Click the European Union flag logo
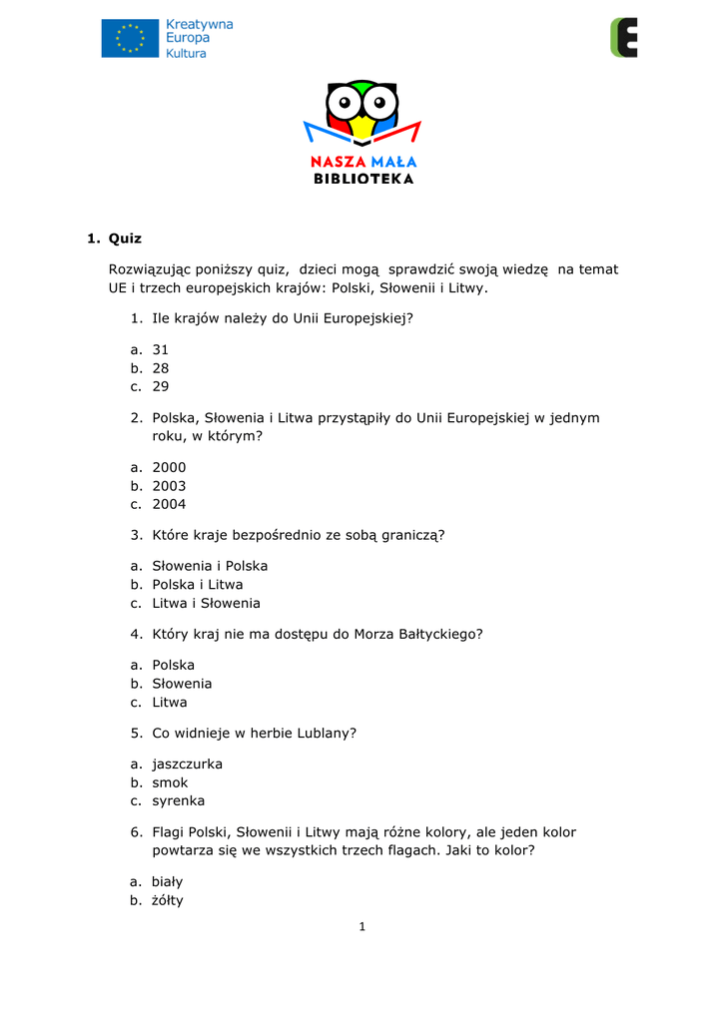130,38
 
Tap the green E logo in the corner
623,37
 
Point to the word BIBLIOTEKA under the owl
362,179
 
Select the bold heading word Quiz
125,239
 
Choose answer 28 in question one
161,367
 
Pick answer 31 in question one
161,349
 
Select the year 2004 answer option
169,504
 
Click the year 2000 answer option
169,467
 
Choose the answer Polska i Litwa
197,585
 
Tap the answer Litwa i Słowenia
206,603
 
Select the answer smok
170,782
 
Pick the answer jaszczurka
187,765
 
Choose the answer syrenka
178,800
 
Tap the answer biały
168,882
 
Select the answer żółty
168,900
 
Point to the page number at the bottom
362,927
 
